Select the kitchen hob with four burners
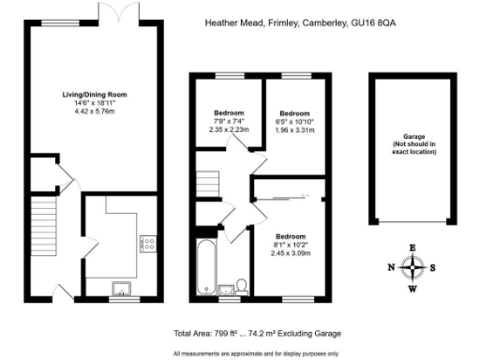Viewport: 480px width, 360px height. [149, 244]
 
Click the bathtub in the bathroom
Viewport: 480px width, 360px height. [206, 266]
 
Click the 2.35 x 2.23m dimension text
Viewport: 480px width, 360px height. [230, 130]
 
